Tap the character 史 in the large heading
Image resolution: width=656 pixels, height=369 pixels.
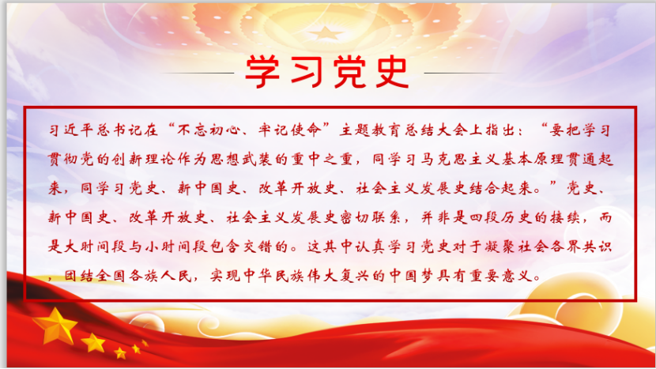392,72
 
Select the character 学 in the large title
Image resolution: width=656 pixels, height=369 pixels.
262,72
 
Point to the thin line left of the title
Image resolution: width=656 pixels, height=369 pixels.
197,73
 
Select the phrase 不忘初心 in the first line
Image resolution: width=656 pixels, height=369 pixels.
208,130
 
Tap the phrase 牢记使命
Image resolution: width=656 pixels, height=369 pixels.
289,130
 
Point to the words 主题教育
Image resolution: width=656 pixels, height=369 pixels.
371,130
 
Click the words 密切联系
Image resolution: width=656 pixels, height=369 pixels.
372,217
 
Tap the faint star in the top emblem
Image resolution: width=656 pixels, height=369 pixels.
326,33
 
